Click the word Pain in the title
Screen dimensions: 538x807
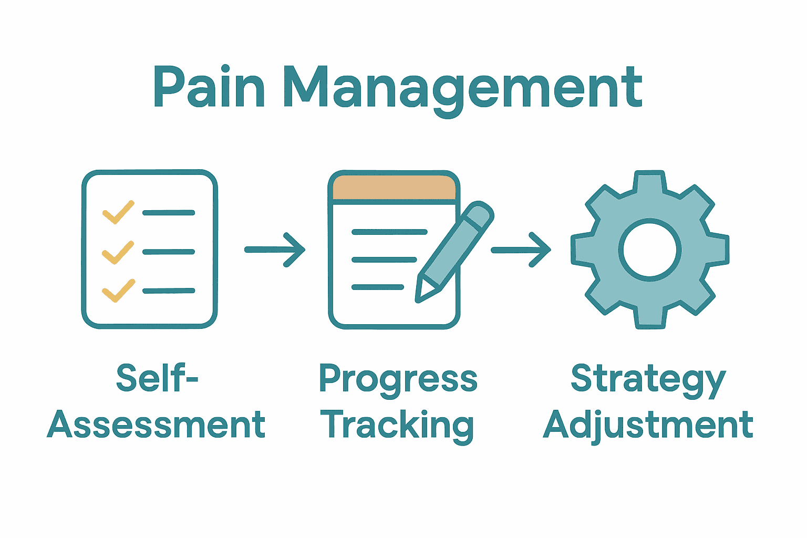click(x=209, y=88)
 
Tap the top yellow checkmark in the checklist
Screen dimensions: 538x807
click(x=118, y=212)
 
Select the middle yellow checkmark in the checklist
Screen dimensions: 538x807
click(x=118, y=252)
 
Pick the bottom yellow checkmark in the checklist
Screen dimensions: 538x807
click(x=118, y=291)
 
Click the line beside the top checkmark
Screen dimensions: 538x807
click(x=169, y=213)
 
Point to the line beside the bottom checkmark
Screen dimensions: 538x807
click(x=169, y=291)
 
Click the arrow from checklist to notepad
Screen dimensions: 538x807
click(x=275, y=250)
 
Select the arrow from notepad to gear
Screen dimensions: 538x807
click(x=521, y=250)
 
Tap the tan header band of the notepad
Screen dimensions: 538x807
click(x=394, y=188)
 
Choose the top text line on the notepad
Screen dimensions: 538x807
click(x=389, y=232)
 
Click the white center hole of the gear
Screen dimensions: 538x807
click(x=650, y=250)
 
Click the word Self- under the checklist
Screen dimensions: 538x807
click(x=157, y=378)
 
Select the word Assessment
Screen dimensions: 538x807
click(x=157, y=425)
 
